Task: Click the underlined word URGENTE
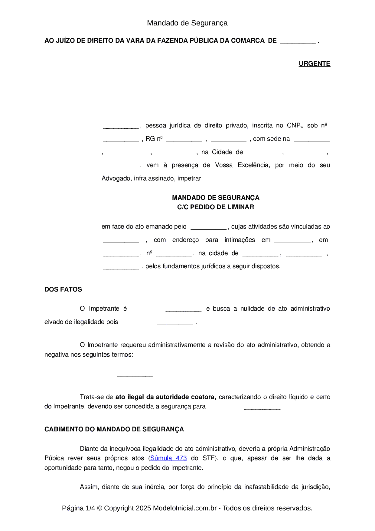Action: tap(314, 64)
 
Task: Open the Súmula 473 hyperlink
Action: tap(168, 458)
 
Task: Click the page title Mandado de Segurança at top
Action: tap(187, 23)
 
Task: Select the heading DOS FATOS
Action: tap(63, 289)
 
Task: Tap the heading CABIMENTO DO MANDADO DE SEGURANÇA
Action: tap(114, 429)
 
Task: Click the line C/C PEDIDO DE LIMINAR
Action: tap(215, 207)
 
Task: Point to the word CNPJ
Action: tap(295, 125)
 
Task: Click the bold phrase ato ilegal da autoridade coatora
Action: tap(165, 397)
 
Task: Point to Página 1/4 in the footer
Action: tap(78, 508)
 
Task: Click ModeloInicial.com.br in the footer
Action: tap(185, 508)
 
